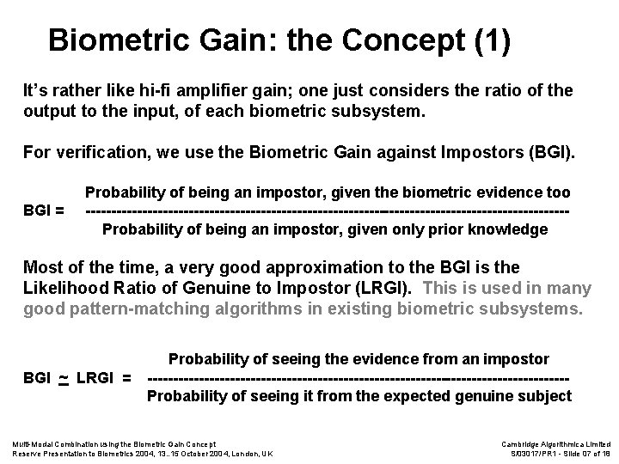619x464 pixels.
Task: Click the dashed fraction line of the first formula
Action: tap(328, 211)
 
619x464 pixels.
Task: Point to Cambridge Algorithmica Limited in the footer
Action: tap(555, 443)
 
